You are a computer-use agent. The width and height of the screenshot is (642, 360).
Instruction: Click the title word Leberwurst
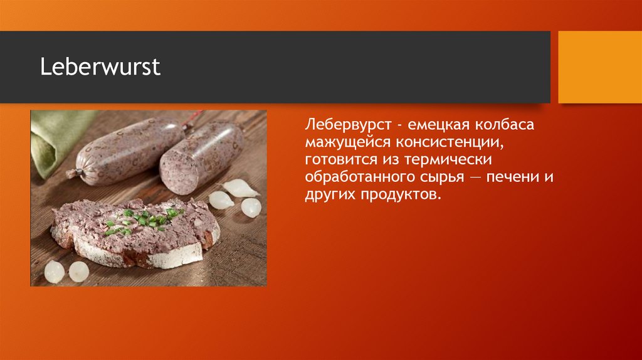click(100, 67)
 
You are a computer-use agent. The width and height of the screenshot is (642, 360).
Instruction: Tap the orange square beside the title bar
click(600, 67)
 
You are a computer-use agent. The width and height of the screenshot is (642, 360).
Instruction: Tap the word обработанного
click(359, 177)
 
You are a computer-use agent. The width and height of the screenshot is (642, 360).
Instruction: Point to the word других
click(330, 195)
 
